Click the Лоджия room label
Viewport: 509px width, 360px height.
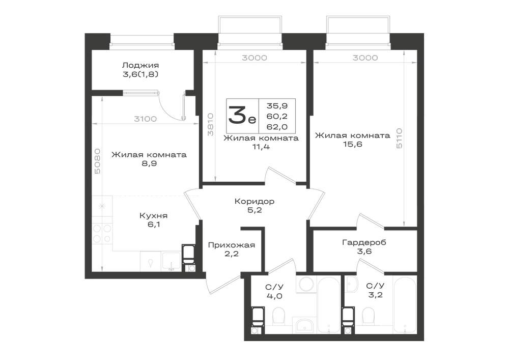point(140,65)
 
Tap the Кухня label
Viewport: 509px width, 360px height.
point(153,215)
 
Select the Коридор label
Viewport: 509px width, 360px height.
point(254,201)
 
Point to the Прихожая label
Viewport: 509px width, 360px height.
point(232,245)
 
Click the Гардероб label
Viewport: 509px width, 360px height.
point(364,242)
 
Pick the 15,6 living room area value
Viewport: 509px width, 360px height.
point(353,145)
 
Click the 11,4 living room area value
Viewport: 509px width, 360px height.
point(261,147)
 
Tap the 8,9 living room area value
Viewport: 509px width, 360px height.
point(149,163)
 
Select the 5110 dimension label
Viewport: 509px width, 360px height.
point(399,139)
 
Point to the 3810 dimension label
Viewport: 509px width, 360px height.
point(211,124)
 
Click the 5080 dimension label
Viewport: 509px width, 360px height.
point(98,161)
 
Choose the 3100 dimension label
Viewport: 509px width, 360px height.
point(146,119)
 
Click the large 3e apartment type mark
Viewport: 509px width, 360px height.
point(242,116)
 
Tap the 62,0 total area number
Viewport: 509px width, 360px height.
point(277,127)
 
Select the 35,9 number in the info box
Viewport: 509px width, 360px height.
point(277,105)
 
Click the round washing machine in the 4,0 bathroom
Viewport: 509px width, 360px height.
point(306,284)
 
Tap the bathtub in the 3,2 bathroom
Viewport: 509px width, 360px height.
point(405,304)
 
